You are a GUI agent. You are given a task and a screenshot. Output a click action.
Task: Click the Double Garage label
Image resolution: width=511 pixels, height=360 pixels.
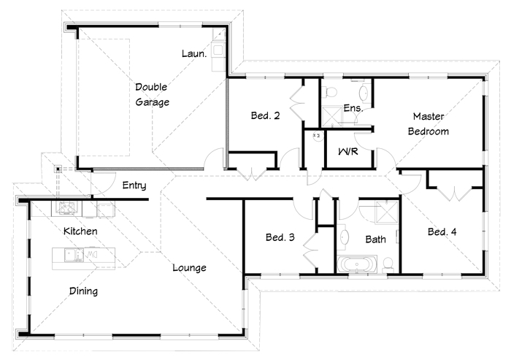point(152,95)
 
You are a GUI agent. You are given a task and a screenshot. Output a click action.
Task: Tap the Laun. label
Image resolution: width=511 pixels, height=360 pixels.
point(194,53)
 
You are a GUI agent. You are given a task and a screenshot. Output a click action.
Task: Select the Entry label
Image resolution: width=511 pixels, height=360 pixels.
point(134,185)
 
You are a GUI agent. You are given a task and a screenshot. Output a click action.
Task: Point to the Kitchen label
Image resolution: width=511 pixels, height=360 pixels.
point(80,231)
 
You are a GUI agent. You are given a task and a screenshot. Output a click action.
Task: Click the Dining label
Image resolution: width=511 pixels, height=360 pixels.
point(83,291)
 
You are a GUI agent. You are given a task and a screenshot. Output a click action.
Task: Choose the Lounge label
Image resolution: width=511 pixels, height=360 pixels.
point(189,268)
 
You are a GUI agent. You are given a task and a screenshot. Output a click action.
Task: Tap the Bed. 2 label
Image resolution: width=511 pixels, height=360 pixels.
point(265,115)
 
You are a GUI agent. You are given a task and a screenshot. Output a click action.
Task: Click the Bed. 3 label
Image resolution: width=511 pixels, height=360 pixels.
point(280,237)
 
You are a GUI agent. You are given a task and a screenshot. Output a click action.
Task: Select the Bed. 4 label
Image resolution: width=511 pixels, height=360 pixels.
point(442,232)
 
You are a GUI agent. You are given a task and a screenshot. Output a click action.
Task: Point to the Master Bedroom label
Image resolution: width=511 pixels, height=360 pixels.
point(429,124)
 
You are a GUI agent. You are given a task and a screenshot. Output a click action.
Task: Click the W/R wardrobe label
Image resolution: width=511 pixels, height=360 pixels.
point(348,151)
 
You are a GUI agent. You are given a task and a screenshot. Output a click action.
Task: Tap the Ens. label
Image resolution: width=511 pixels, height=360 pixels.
point(353,107)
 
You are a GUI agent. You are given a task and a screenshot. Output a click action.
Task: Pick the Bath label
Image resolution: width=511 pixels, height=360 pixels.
point(375,240)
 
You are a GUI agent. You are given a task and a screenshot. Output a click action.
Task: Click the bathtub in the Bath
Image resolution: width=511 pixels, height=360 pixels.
point(357,264)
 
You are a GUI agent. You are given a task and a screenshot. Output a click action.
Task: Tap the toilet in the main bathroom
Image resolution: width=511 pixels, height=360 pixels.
point(388,264)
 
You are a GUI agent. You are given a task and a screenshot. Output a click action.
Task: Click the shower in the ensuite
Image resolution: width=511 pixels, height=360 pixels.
point(332,116)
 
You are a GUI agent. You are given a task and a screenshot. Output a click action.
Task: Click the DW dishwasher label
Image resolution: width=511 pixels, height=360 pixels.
point(91,254)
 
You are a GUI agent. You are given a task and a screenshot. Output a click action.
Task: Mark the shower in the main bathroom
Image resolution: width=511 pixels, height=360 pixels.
point(387,212)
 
